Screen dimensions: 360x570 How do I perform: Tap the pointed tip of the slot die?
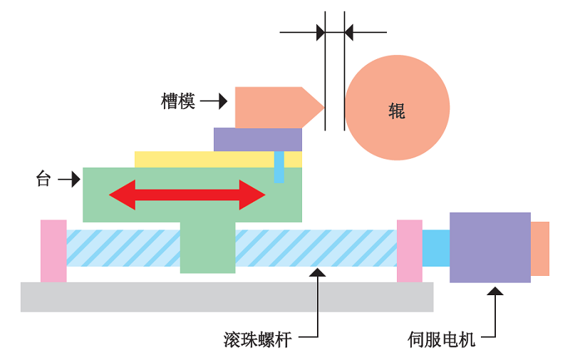(x=322, y=108)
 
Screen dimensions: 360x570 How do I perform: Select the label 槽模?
(x=178, y=101)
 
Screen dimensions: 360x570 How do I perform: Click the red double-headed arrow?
(x=187, y=195)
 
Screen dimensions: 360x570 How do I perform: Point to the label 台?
(x=43, y=179)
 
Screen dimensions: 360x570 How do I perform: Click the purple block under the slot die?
(x=257, y=139)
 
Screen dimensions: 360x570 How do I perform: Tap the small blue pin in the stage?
(x=279, y=167)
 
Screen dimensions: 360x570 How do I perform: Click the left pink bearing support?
(x=53, y=250)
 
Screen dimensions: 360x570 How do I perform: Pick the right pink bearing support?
(x=409, y=250)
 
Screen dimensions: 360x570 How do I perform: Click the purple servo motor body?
(x=489, y=247)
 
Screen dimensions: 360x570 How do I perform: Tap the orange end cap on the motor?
(x=540, y=248)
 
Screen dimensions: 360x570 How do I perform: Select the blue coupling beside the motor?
(x=435, y=247)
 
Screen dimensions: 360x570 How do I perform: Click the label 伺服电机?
(x=441, y=339)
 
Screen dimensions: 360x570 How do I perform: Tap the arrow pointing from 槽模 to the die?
(x=214, y=101)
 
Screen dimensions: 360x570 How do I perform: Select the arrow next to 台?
(x=69, y=179)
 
